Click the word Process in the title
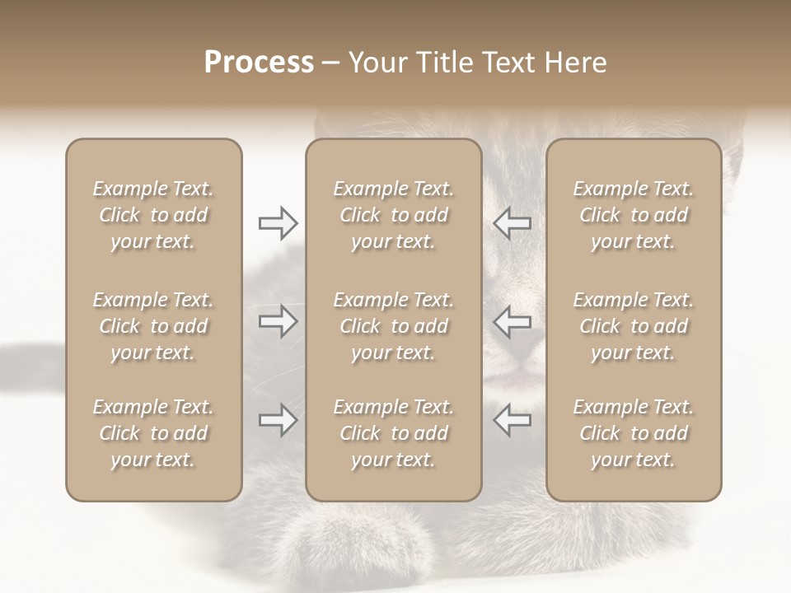tap(259, 63)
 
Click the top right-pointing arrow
tap(278, 222)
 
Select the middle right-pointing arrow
tap(278, 321)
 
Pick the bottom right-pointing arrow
tap(278, 420)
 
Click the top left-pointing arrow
tap(512, 222)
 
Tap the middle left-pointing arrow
tap(512, 321)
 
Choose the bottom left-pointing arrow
tap(512, 420)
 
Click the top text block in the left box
tap(153, 215)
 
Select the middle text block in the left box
tap(153, 326)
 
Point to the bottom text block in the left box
tap(153, 433)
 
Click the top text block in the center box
tap(393, 215)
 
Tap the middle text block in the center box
tap(393, 326)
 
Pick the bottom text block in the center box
tap(393, 433)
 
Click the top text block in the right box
tap(634, 215)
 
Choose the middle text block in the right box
tap(634, 326)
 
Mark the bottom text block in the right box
tap(634, 433)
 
